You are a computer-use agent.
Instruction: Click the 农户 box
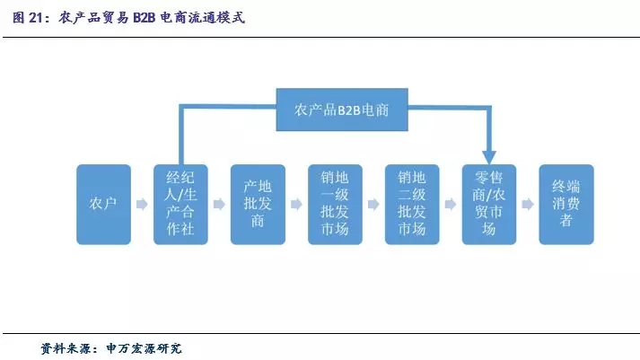[x=103, y=205]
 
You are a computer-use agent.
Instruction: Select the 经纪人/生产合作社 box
[x=180, y=205]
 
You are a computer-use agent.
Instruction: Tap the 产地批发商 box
[x=258, y=205]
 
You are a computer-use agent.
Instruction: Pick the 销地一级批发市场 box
[x=335, y=205]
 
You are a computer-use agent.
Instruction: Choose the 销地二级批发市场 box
[x=412, y=205]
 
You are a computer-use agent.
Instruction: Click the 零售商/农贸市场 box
[x=489, y=205]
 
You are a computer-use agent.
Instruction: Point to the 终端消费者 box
[x=566, y=205]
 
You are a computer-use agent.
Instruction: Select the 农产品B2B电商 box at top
[x=342, y=110]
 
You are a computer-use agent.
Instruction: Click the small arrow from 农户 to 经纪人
[x=142, y=204]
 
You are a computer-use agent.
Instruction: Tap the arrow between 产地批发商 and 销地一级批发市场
[x=296, y=204]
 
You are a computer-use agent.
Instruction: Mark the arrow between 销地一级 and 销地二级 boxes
[x=373, y=204]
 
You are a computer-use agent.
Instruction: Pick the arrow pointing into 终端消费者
[x=528, y=204]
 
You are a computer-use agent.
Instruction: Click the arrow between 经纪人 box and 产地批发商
[x=219, y=204]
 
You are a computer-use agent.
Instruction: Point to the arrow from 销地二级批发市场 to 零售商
[x=451, y=204]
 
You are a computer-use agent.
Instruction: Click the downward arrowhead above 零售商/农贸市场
[x=489, y=157]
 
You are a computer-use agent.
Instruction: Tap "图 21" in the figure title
[x=27, y=18]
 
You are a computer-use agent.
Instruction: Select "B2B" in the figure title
[x=145, y=18]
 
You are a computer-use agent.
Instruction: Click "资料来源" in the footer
[x=66, y=348]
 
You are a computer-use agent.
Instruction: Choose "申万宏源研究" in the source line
[x=145, y=348]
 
